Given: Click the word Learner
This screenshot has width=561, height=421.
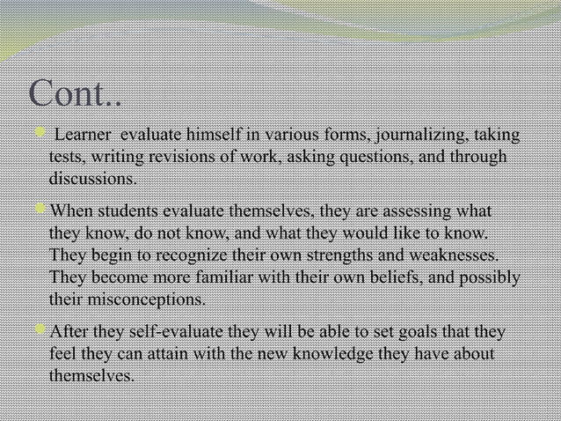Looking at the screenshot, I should coord(83,137).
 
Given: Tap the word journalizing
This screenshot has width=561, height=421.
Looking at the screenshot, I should coord(423,137).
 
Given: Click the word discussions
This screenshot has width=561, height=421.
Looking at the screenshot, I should coord(92,179).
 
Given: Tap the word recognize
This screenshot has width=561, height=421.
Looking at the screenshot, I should coord(195,256).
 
